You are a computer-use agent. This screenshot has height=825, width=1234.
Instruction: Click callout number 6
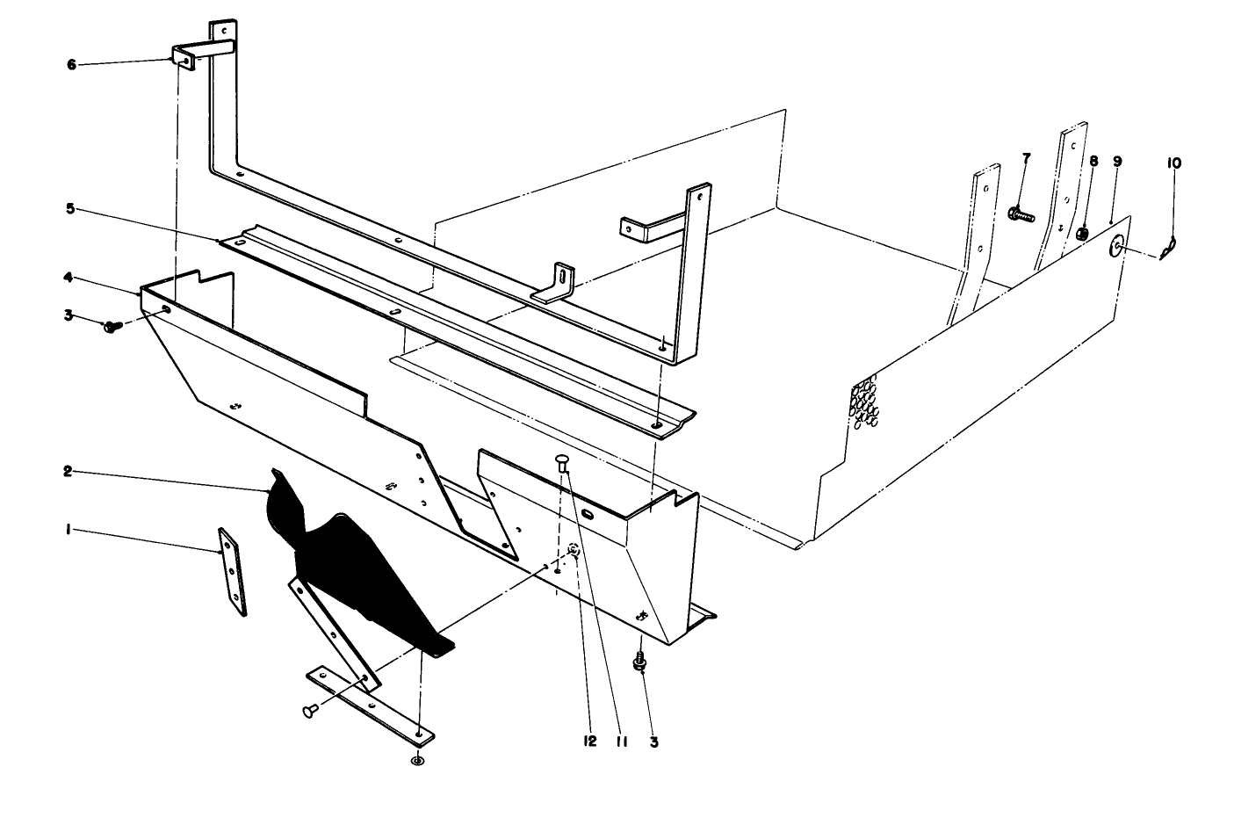coord(71,64)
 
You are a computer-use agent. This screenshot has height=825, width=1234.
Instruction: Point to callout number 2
coord(67,472)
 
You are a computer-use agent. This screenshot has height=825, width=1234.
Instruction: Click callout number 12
coord(589,741)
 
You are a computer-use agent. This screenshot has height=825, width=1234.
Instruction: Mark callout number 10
coord(1174,163)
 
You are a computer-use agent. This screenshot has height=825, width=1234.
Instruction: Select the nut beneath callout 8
coord(1083,234)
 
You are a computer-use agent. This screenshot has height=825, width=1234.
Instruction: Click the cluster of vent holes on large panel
coord(865,403)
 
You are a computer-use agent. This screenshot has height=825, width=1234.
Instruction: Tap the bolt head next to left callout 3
coord(112,327)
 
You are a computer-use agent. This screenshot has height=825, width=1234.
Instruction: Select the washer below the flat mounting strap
coord(417,759)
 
